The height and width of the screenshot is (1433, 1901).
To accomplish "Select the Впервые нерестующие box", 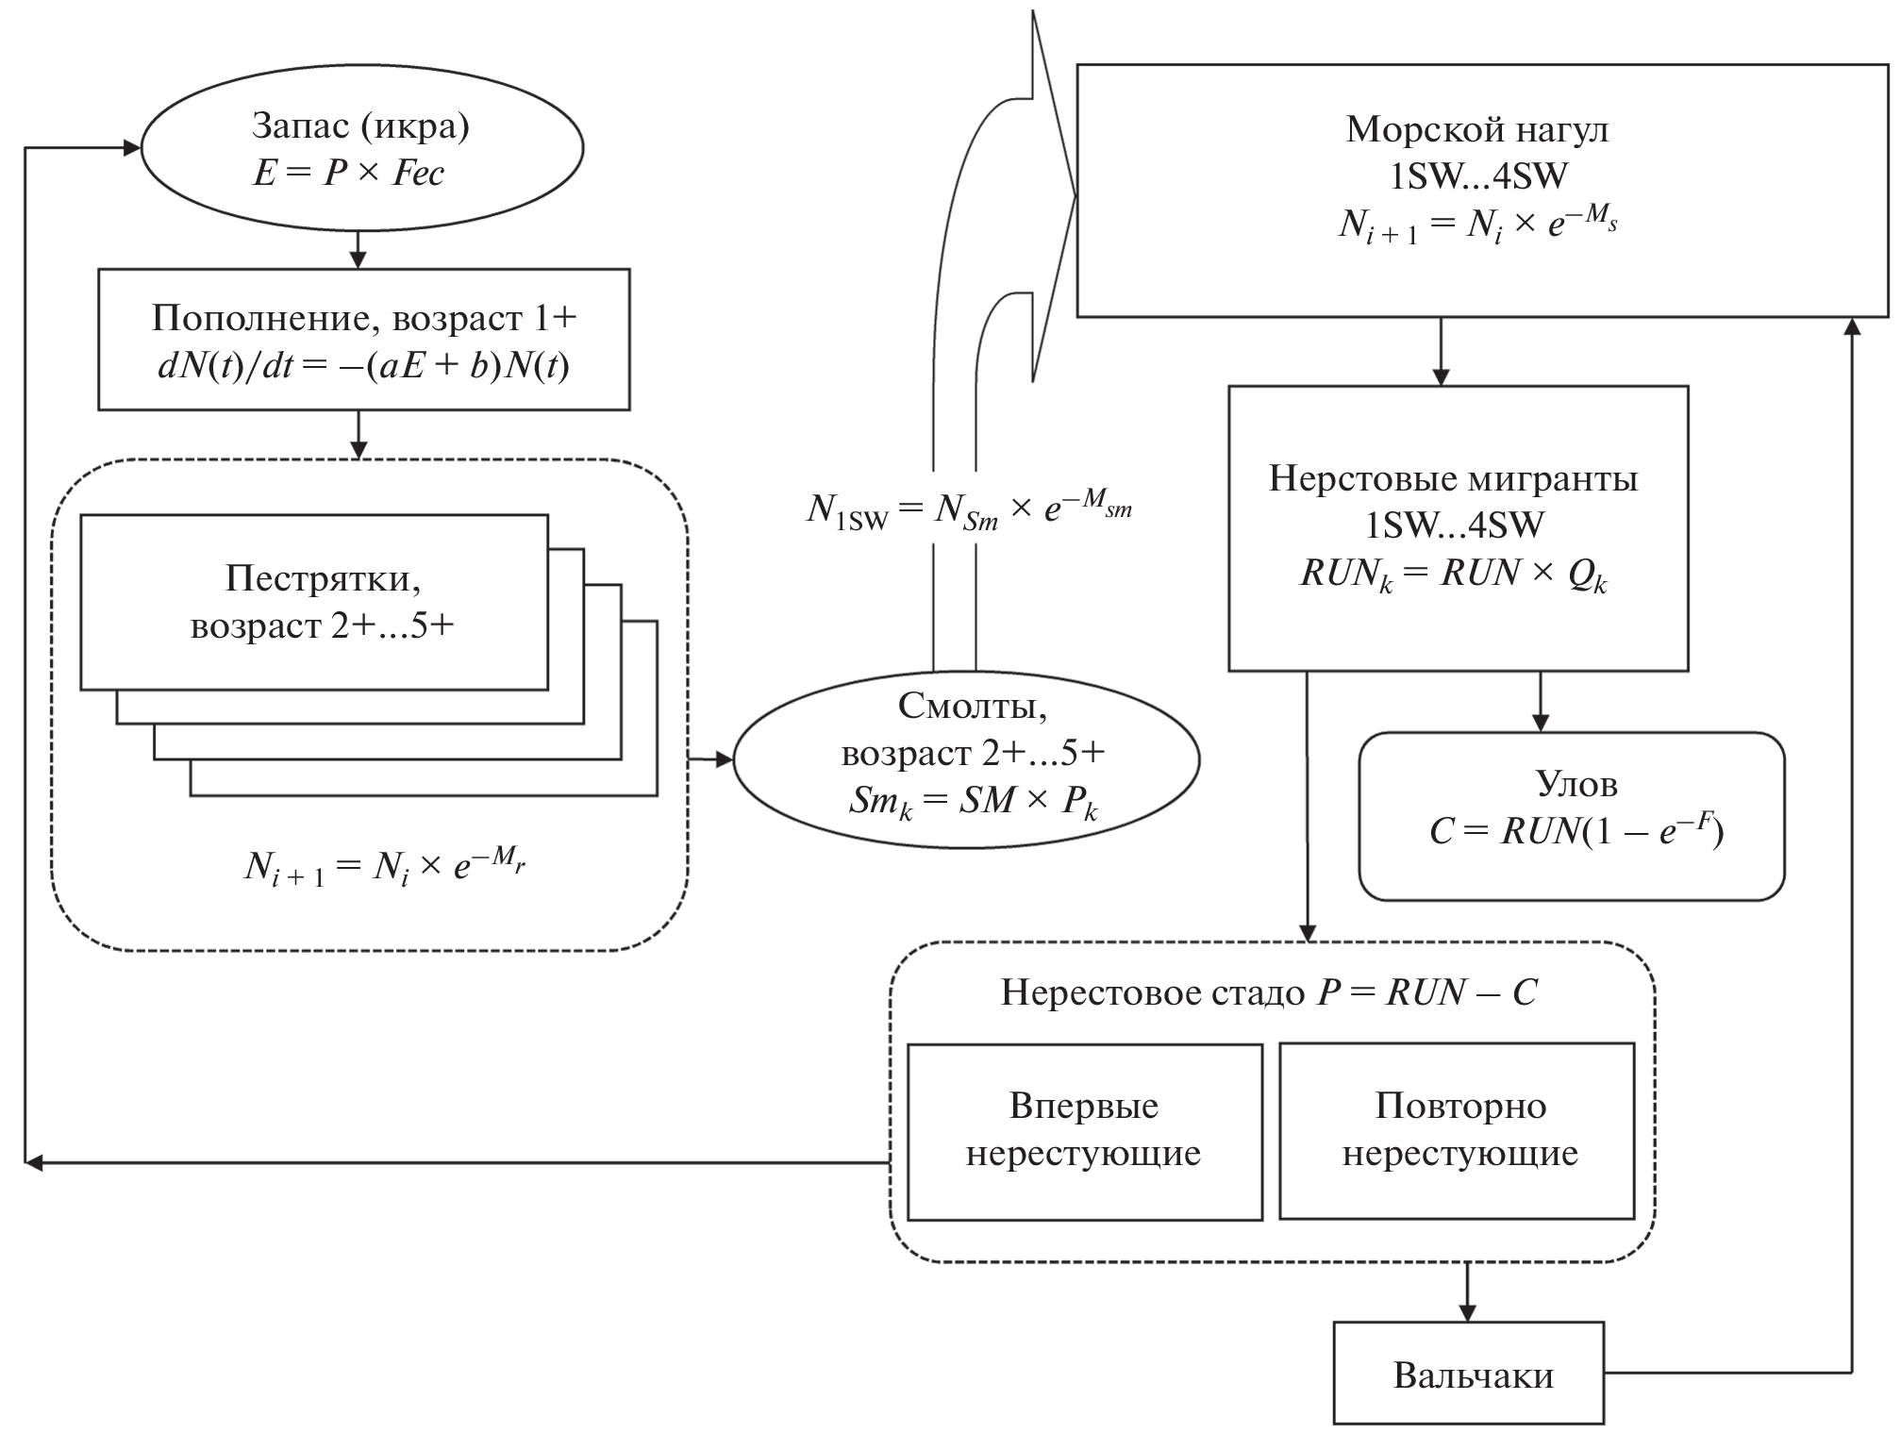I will point(1084,1130).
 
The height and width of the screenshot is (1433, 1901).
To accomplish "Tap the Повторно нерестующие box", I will point(1457,1130).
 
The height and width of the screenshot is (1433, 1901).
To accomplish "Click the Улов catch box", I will point(1571,815).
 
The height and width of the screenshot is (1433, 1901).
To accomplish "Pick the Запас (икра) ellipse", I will point(362,148).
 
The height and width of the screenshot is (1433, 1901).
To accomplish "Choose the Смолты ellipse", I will point(967,758).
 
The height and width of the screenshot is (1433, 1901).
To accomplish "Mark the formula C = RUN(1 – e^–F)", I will point(1576,830).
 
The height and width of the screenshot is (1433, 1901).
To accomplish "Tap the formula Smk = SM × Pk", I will point(973,802).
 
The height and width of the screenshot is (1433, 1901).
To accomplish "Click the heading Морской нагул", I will point(1476,129).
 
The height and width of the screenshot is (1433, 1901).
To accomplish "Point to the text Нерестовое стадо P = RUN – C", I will point(1269,991).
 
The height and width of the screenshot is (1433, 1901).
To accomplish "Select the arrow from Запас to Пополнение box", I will point(358,250).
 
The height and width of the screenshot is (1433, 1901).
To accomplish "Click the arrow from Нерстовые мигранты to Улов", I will point(1540,702).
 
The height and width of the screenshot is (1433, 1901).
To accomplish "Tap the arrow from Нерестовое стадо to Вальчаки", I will point(1466,1291).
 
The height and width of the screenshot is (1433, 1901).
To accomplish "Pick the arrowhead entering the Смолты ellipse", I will point(723,758).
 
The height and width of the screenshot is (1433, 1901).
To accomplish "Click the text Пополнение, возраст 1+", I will point(364,319).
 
